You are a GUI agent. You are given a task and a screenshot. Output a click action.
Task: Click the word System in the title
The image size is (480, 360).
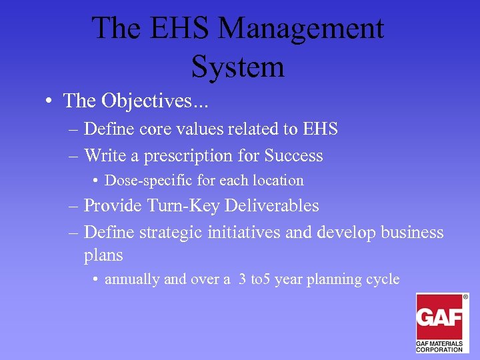click(237, 67)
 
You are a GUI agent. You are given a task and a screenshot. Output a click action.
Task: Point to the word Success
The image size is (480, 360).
click(293, 156)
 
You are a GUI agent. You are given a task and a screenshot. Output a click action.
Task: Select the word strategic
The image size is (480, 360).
click(169, 233)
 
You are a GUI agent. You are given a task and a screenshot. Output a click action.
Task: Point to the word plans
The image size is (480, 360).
click(103, 256)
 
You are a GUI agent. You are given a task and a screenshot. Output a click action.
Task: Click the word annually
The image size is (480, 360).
click(132, 279)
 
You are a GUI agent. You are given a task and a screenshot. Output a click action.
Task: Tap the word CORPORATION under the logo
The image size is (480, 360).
click(439, 349)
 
